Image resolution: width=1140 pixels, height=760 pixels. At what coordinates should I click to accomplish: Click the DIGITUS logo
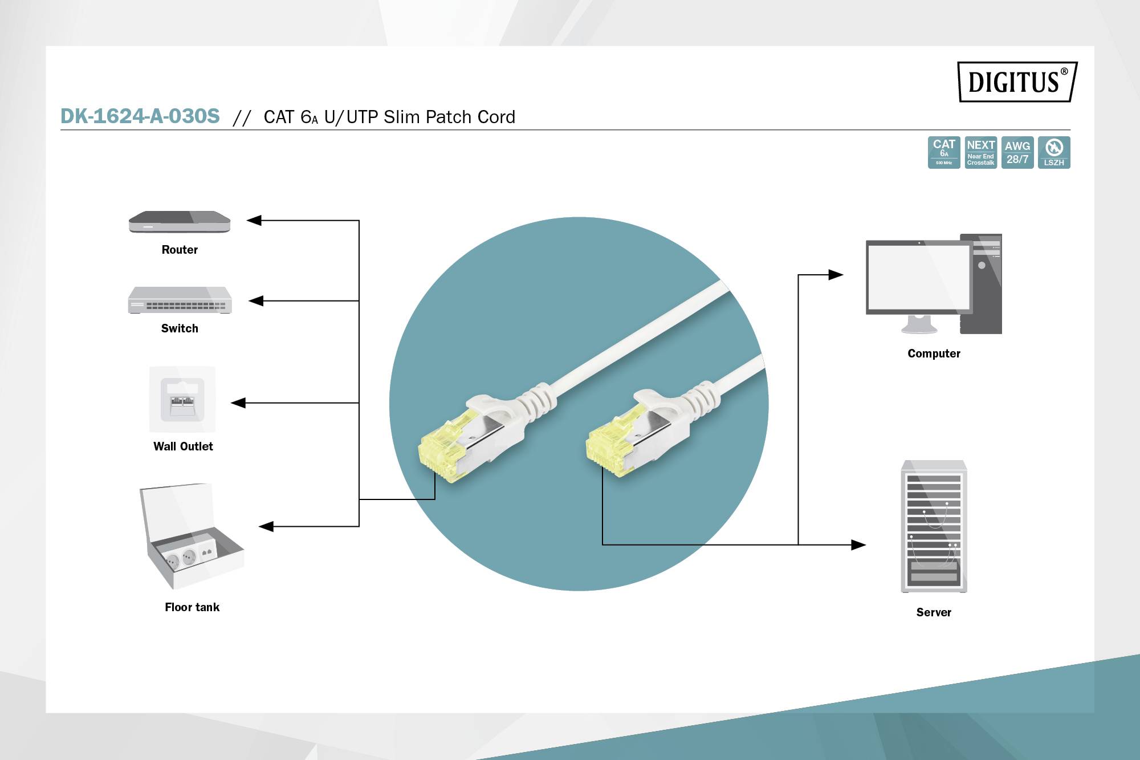click(1017, 82)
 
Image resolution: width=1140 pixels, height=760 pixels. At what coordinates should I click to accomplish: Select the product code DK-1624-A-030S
click(140, 116)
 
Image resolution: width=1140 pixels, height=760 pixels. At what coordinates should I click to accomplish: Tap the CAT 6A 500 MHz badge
click(944, 152)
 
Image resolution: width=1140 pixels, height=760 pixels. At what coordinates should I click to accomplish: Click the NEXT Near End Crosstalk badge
click(980, 152)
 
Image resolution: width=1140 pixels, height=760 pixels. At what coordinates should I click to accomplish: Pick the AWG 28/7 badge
click(1017, 152)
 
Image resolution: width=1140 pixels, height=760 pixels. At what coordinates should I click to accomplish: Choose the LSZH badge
click(1054, 152)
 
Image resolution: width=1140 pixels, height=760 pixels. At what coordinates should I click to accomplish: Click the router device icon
click(180, 222)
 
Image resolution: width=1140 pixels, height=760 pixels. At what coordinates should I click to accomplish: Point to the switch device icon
click(180, 300)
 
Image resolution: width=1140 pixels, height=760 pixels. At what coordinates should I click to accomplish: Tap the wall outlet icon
click(182, 399)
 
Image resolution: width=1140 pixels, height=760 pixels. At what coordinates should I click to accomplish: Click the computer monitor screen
click(918, 277)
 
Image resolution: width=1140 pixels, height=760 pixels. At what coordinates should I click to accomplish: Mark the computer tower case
click(981, 284)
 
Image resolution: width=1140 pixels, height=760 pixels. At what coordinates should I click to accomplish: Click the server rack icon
click(934, 526)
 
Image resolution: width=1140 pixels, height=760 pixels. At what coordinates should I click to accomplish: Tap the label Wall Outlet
click(183, 446)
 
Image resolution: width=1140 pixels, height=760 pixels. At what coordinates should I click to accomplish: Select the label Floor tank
click(192, 607)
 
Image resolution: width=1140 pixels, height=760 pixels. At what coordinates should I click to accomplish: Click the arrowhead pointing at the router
click(254, 220)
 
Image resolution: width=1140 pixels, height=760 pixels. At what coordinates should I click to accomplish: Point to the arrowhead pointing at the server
click(858, 544)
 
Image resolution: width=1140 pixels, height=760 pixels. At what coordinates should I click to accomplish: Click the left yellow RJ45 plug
click(442, 450)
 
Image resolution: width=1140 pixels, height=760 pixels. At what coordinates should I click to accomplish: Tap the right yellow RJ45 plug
click(609, 446)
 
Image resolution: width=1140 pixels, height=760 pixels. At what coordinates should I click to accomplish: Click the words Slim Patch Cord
click(449, 117)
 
